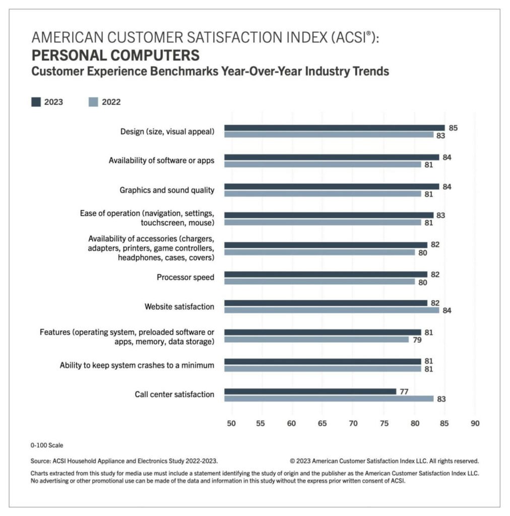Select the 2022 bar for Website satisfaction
tap(331, 310)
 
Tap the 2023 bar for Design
tap(334, 127)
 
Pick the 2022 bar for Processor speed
tap(319, 282)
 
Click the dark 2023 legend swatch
tap(36, 102)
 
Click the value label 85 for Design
tap(453, 128)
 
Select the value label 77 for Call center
tap(404, 391)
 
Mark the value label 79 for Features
tap(416, 340)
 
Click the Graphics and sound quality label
tap(167, 190)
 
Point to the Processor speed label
tap(185, 277)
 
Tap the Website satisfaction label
tap(179, 306)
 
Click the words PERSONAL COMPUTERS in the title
tap(115, 55)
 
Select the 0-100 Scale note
tap(47, 445)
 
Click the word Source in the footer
tap(40, 461)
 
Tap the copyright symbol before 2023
tap(293, 461)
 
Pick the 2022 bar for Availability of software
tap(322, 164)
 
